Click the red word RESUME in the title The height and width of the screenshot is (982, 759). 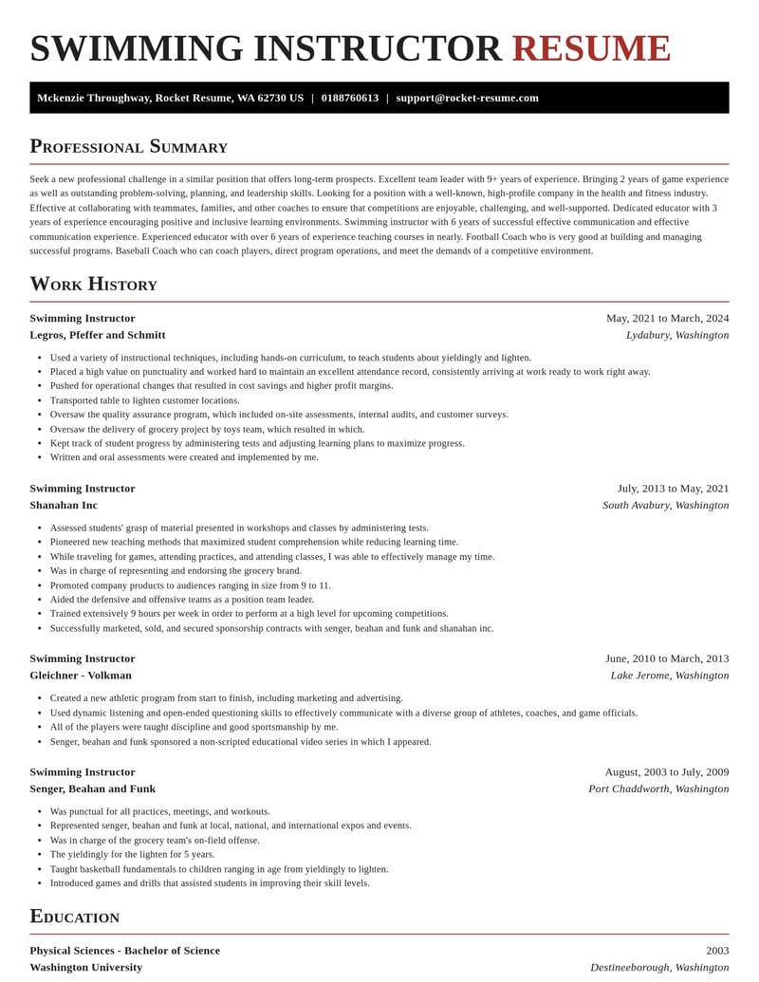591,49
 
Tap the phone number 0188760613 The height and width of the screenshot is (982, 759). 349,98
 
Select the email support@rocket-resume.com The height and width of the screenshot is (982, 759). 467,98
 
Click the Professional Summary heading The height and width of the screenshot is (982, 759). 128,146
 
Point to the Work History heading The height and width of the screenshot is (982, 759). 93,284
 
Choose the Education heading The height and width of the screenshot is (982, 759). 74,917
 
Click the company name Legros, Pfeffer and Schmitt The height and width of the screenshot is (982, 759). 97,335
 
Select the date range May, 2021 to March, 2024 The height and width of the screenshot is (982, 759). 667,318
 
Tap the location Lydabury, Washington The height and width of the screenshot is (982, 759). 676,335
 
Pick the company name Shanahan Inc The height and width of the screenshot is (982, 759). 64,505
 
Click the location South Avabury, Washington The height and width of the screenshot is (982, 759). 665,505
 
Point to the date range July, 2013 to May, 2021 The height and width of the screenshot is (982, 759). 673,489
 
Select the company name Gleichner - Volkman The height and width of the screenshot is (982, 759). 81,676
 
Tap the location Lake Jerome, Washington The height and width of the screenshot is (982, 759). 669,676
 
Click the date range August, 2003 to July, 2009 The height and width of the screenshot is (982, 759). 666,772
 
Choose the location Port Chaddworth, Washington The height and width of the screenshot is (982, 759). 657,788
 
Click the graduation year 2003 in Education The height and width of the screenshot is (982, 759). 717,951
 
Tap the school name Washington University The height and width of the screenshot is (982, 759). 85,967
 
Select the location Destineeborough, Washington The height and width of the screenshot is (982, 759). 658,967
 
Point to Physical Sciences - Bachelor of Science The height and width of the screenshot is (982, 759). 124,951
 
